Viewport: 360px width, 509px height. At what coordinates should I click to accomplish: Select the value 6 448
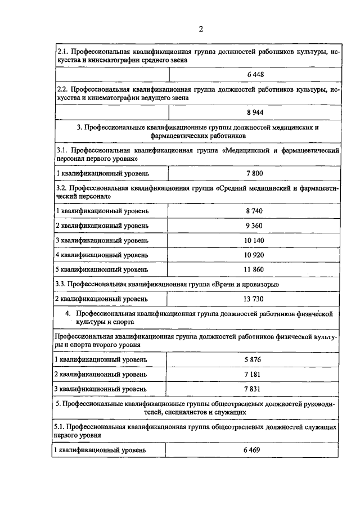[254, 74]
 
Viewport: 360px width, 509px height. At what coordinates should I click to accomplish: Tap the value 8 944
[254, 112]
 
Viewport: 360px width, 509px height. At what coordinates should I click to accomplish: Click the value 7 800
[254, 174]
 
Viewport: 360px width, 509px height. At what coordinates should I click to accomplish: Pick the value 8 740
[254, 211]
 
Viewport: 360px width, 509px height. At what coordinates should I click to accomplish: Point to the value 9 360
[254, 226]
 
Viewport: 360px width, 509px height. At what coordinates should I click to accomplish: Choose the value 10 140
[254, 240]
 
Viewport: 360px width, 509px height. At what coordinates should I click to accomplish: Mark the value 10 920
[254, 255]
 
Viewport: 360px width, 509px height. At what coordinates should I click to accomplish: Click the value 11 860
[254, 269]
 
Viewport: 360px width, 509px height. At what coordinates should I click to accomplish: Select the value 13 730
[254, 299]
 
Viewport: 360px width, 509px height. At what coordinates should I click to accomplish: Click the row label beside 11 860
[101, 269]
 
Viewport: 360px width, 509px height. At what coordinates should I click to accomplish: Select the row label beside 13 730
[101, 299]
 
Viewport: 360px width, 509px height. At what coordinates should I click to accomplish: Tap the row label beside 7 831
[101, 388]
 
